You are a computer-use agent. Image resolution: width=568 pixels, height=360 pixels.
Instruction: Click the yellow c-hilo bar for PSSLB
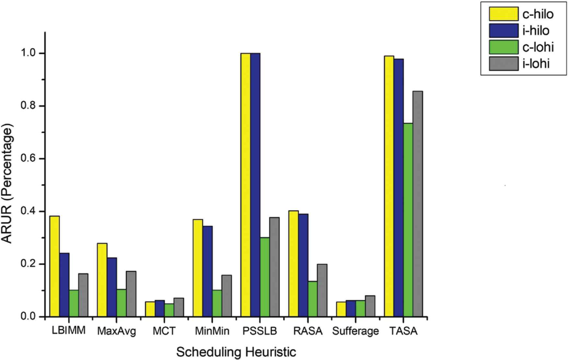tap(246, 185)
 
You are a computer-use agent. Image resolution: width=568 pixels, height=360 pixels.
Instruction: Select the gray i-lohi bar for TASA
tap(418, 204)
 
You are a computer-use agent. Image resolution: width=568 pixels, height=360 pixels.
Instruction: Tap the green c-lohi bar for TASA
tap(408, 220)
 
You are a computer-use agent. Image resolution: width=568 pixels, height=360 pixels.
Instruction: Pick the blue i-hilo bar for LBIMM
tap(64, 285)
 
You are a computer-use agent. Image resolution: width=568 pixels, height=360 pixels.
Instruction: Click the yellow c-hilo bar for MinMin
tap(198, 268)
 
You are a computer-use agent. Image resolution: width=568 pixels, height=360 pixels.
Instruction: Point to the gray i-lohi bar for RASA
tap(322, 290)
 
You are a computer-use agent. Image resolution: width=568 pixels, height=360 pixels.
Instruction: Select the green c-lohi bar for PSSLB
tap(265, 277)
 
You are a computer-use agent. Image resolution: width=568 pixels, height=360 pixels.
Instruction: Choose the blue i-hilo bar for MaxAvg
tap(112, 287)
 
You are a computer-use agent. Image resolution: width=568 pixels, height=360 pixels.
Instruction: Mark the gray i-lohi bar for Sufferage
tap(370, 306)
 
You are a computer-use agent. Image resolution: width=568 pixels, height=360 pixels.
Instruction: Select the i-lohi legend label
tap(536, 64)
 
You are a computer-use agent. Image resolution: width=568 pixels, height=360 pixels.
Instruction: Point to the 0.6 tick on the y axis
tap(43, 159)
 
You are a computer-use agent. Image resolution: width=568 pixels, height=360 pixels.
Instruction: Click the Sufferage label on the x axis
tap(355, 331)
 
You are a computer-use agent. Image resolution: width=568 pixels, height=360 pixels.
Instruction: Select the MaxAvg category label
tap(117, 331)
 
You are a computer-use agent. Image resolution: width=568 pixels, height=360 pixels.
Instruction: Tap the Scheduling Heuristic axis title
tap(236, 352)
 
